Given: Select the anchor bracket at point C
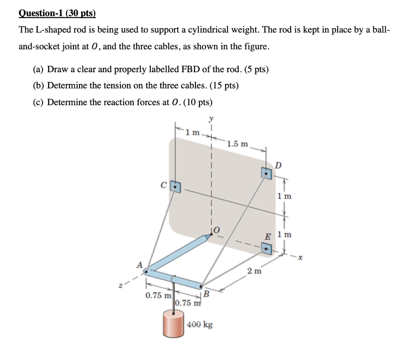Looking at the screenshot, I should point(175,186).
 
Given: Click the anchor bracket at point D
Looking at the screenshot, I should point(266,173).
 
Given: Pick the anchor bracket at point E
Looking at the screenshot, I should point(266,248).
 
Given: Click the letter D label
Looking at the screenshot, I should point(278,165).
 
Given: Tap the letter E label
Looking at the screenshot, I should point(267,237).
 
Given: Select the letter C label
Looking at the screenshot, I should point(163,186).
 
